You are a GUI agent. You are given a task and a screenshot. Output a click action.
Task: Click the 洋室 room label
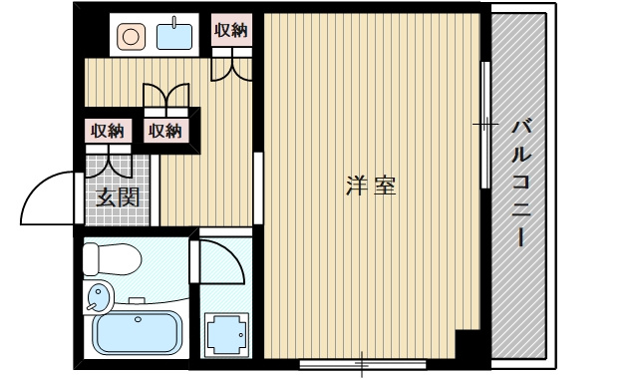370,186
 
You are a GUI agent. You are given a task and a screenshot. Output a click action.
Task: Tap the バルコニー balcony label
520,185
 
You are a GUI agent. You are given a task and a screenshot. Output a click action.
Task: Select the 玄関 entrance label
117,196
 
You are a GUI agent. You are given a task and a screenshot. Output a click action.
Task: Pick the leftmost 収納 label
107,130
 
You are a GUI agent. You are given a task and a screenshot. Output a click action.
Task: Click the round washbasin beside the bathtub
98,296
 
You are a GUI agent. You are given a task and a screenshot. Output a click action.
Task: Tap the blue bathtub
138,333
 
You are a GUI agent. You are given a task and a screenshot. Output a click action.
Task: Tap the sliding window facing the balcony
485,125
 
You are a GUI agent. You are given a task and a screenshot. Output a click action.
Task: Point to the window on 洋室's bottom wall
361,362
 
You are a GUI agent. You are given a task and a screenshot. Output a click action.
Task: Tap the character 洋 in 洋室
356,186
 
